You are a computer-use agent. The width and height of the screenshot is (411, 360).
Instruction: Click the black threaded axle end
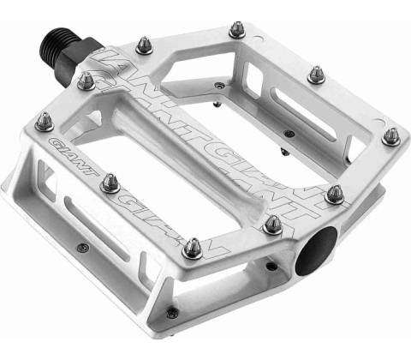[62, 43]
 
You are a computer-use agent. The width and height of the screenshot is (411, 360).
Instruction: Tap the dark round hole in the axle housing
[316, 252]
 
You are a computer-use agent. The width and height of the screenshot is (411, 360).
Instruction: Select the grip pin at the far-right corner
[391, 137]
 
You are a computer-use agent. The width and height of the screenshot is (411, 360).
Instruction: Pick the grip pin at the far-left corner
[45, 123]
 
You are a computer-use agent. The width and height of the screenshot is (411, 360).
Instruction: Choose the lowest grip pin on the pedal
[193, 249]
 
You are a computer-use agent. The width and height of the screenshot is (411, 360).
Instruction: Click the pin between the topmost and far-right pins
[317, 75]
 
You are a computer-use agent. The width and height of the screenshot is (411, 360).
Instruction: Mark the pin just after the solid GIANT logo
[110, 183]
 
